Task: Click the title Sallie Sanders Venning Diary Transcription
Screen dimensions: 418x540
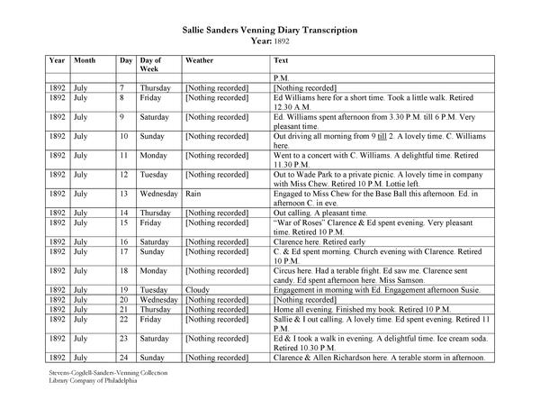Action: coord(269,30)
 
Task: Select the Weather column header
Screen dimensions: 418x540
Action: coord(200,59)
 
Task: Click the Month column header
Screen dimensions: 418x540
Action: coord(85,59)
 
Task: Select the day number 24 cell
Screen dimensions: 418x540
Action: coord(125,358)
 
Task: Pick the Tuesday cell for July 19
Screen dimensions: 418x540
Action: coord(154,289)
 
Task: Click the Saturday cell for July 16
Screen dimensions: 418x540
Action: coord(155,241)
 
